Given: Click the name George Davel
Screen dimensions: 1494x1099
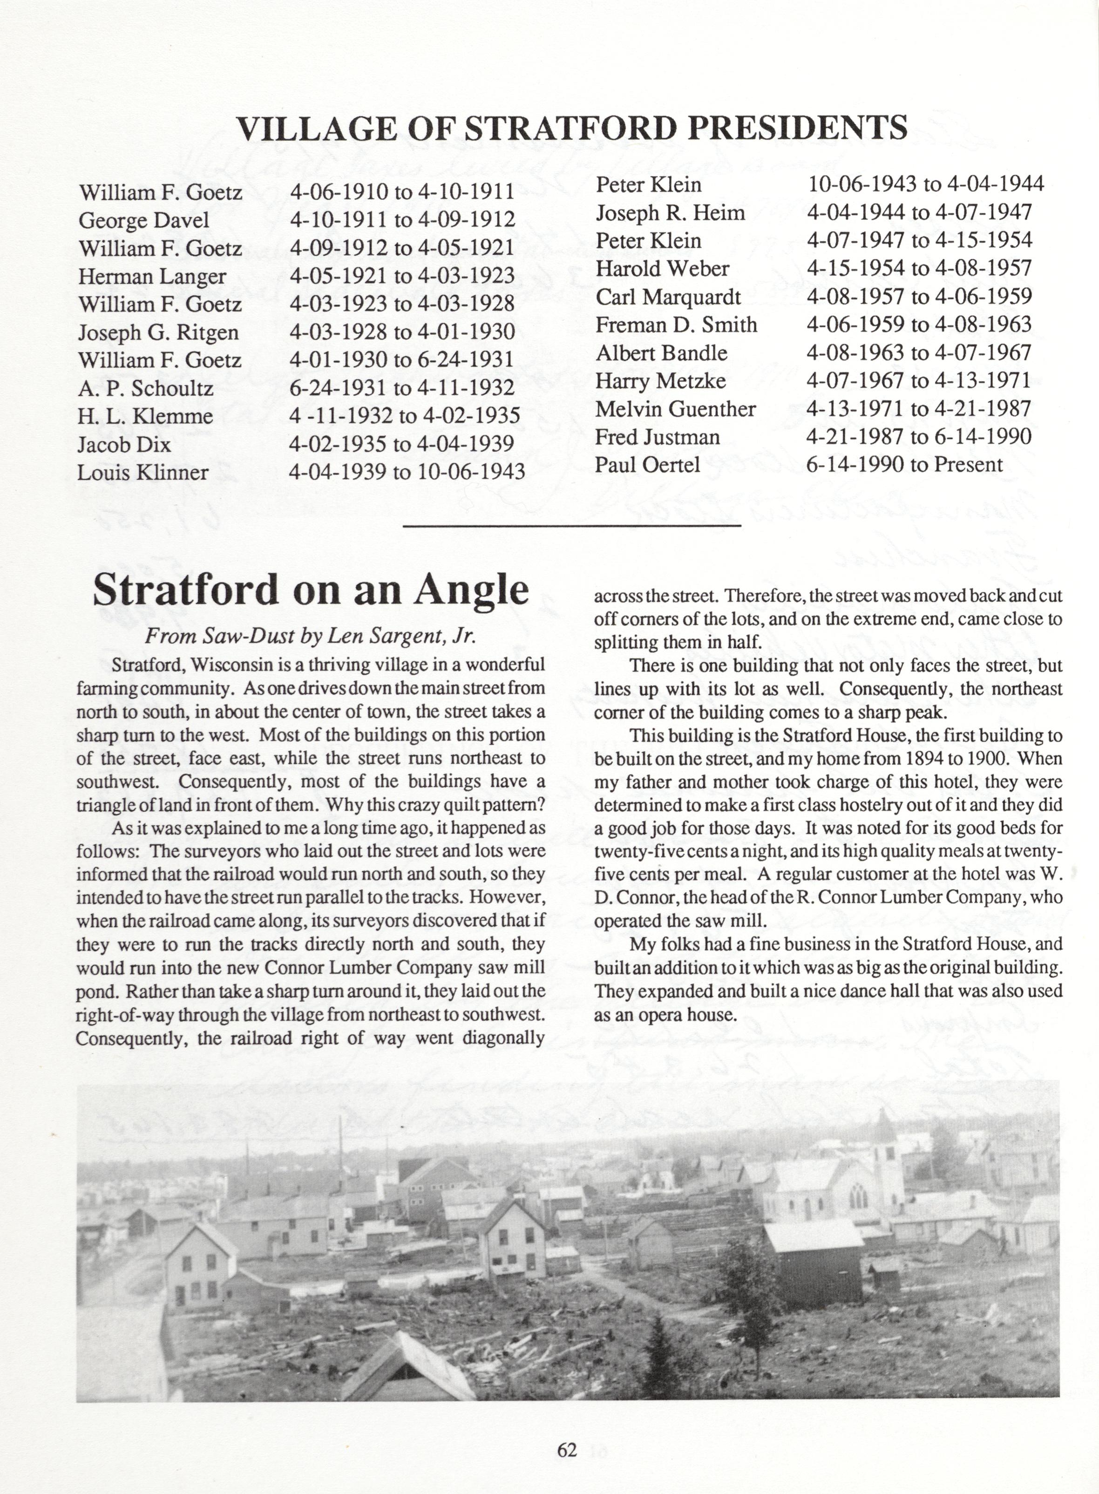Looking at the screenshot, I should pos(144,220).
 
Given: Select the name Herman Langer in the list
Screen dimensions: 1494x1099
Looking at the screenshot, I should pos(152,276).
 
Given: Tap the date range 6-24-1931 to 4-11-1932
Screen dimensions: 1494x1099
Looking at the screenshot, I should pos(402,388).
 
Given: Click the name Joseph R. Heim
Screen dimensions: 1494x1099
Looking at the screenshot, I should pos(670,213).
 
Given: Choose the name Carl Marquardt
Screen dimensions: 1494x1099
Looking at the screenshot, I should pos(668,297).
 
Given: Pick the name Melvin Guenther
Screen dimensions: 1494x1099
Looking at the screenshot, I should pos(675,408).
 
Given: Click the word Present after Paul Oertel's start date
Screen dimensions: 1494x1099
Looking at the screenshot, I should pos(968,464).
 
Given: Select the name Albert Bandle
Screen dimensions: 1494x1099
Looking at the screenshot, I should pos(661,353).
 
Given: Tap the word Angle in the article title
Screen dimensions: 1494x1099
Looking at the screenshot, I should pos(471,589).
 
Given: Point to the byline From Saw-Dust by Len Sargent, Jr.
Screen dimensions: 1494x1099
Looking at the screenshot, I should pos(311,637).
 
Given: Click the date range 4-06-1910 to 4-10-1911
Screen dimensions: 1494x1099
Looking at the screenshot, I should pos(402,192).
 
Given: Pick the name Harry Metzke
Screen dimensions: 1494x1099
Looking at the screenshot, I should pos(661,380).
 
